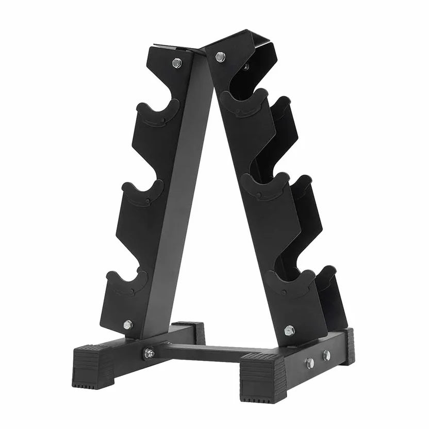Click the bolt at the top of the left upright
pos(177,63)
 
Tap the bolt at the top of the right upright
pos(220,57)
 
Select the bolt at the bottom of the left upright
pos(127,324)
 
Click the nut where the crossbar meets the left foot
pos(149,353)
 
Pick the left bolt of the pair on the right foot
pos(310,363)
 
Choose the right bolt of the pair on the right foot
pos(326,355)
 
